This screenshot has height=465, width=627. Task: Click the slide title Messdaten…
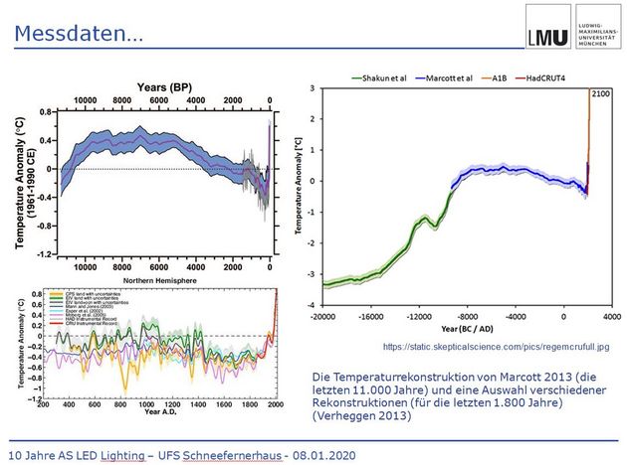point(80,34)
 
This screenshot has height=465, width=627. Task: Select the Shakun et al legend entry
point(386,77)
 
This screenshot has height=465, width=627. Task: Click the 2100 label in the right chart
point(600,92)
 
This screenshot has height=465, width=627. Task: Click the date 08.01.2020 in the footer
point(324,453)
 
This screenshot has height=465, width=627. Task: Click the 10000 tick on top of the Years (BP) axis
point(85,101)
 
